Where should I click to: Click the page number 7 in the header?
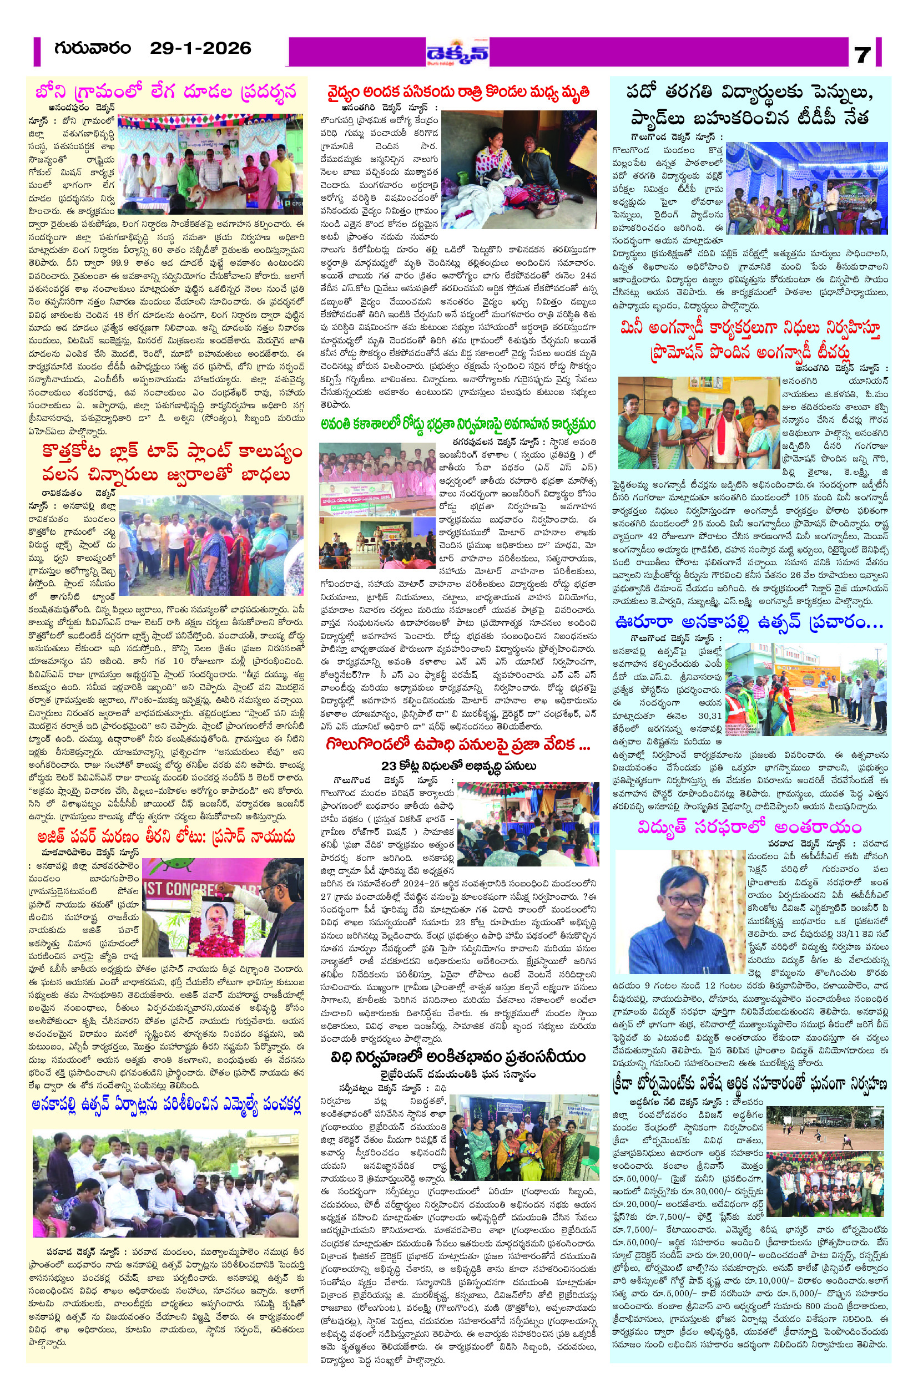tap(862, 54)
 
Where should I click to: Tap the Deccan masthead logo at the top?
tap(457, 53)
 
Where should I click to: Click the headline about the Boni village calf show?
tap(166, 92)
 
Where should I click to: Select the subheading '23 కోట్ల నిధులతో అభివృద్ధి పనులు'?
tap(459, 766)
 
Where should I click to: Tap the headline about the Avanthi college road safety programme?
tap(458, 424)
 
